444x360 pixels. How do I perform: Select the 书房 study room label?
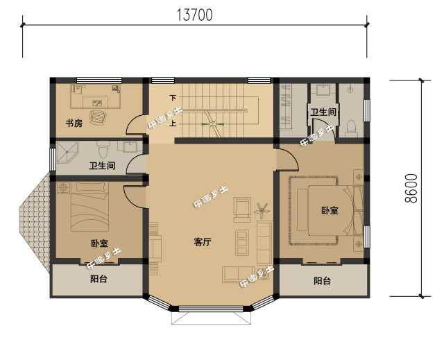click(x=74, y=124)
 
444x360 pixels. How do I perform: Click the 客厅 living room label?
click(x=202, y=242)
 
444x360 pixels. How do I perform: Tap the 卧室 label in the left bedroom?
click(x=99, y=243)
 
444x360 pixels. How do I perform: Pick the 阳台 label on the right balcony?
click(x=322, y=281)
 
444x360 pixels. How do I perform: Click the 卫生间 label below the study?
click(x=102, y=166)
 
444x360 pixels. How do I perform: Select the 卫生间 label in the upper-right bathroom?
click(x=323, y=112)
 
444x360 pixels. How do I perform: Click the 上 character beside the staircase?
click(x=173, y=124)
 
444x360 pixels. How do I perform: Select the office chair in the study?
click(x=99, y=115)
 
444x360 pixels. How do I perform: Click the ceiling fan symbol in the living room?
click(x=262, y=207)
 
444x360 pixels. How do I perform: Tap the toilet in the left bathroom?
click(x=104, y=148)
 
